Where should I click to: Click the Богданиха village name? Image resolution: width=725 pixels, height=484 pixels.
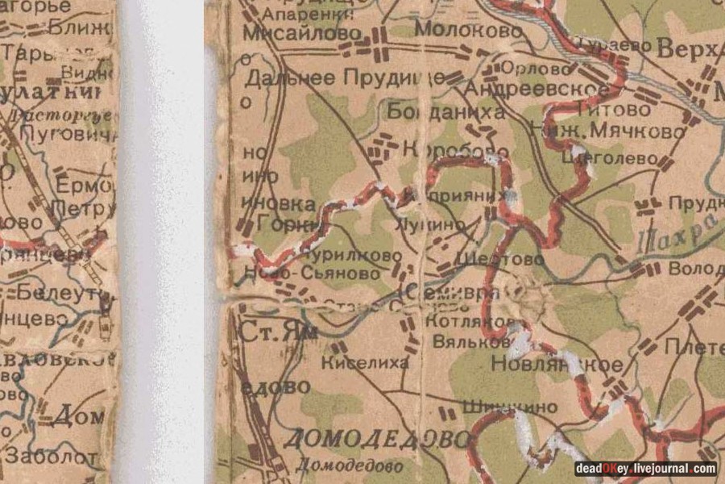coord(445,111)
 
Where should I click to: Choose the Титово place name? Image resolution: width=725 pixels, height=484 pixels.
coord(619,109)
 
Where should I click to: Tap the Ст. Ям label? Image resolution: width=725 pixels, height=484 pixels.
coord(274,331)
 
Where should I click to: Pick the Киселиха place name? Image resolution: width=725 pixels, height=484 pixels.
coord(365,364)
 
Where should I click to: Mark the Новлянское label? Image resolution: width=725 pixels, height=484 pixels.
coord(556,365)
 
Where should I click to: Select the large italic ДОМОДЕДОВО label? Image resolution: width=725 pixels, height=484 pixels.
coord(376,440)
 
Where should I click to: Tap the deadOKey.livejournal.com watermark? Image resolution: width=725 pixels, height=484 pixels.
coord(644,469)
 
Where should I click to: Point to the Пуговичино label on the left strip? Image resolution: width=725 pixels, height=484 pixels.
coord(68,134)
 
